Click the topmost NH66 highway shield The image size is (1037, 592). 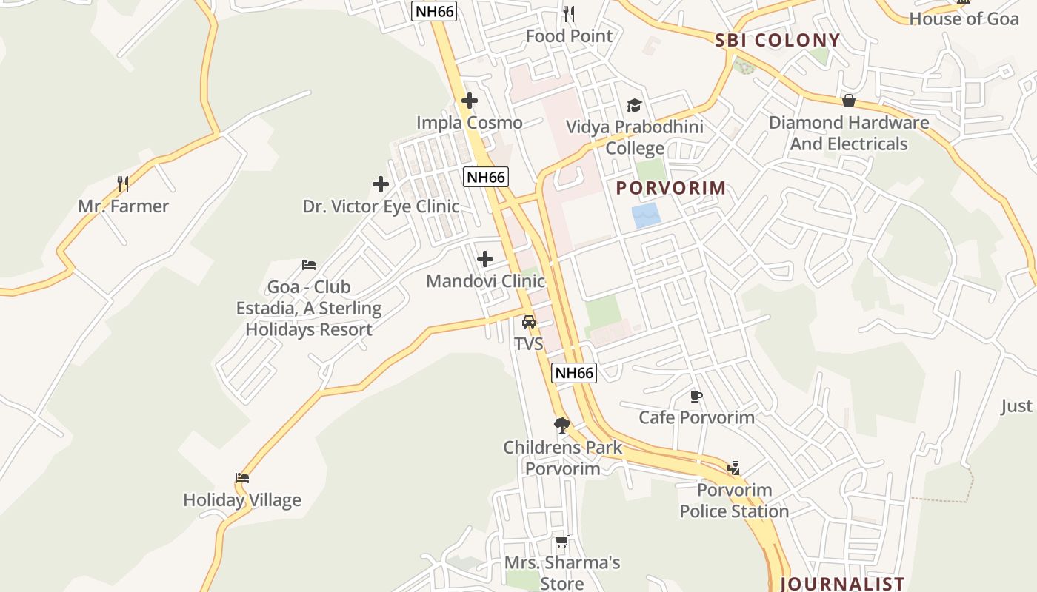(433, 11)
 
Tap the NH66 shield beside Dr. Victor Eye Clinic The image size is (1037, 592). (486, 177)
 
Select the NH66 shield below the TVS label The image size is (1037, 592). (574, 373)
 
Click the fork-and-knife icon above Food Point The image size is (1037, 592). (569, 13)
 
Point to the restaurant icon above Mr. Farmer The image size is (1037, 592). (123, 184)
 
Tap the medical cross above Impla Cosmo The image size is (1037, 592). (469, 101)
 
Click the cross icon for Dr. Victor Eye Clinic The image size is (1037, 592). (381, 184)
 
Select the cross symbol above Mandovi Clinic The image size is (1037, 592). (485, 259)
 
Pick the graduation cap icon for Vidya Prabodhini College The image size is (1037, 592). (634, 105)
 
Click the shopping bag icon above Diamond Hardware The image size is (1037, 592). (849, 101)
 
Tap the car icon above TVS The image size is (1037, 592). (529, 321)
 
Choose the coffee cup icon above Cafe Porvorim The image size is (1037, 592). (696, 396)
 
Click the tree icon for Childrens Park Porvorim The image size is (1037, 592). (562, 425)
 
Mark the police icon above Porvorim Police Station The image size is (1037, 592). (733, 468)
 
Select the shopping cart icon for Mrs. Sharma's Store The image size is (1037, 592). (561, 541)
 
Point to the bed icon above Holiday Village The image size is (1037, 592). (242, 478)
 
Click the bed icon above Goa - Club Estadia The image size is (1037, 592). (309, 265)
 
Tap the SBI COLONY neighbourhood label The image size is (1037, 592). (778, 41)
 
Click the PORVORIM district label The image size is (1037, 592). (671, 188)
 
